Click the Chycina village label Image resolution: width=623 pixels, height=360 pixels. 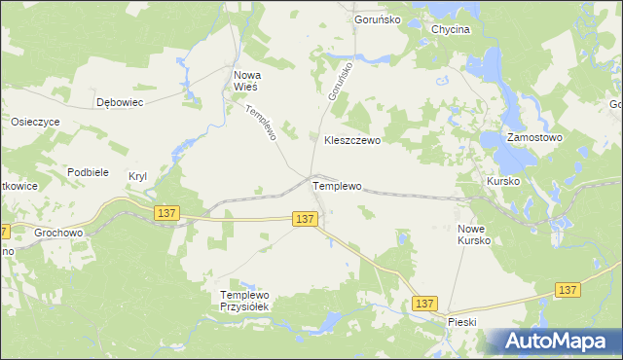[450, 30]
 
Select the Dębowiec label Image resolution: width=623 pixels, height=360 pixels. [120, 101]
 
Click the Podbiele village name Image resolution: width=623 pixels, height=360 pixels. [88, 171]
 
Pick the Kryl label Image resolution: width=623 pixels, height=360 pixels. [137, 176]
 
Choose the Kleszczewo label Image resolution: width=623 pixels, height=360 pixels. [351, 140]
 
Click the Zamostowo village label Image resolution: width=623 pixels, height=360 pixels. [534, 138]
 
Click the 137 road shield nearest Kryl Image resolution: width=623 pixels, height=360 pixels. [166, 213]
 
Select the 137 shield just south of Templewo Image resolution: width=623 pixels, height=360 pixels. [305, 220]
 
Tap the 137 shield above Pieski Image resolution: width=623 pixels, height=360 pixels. [423, 305]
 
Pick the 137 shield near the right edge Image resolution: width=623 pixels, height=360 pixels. [568, 290]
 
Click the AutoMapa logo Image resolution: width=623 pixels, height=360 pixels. [557, 341]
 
